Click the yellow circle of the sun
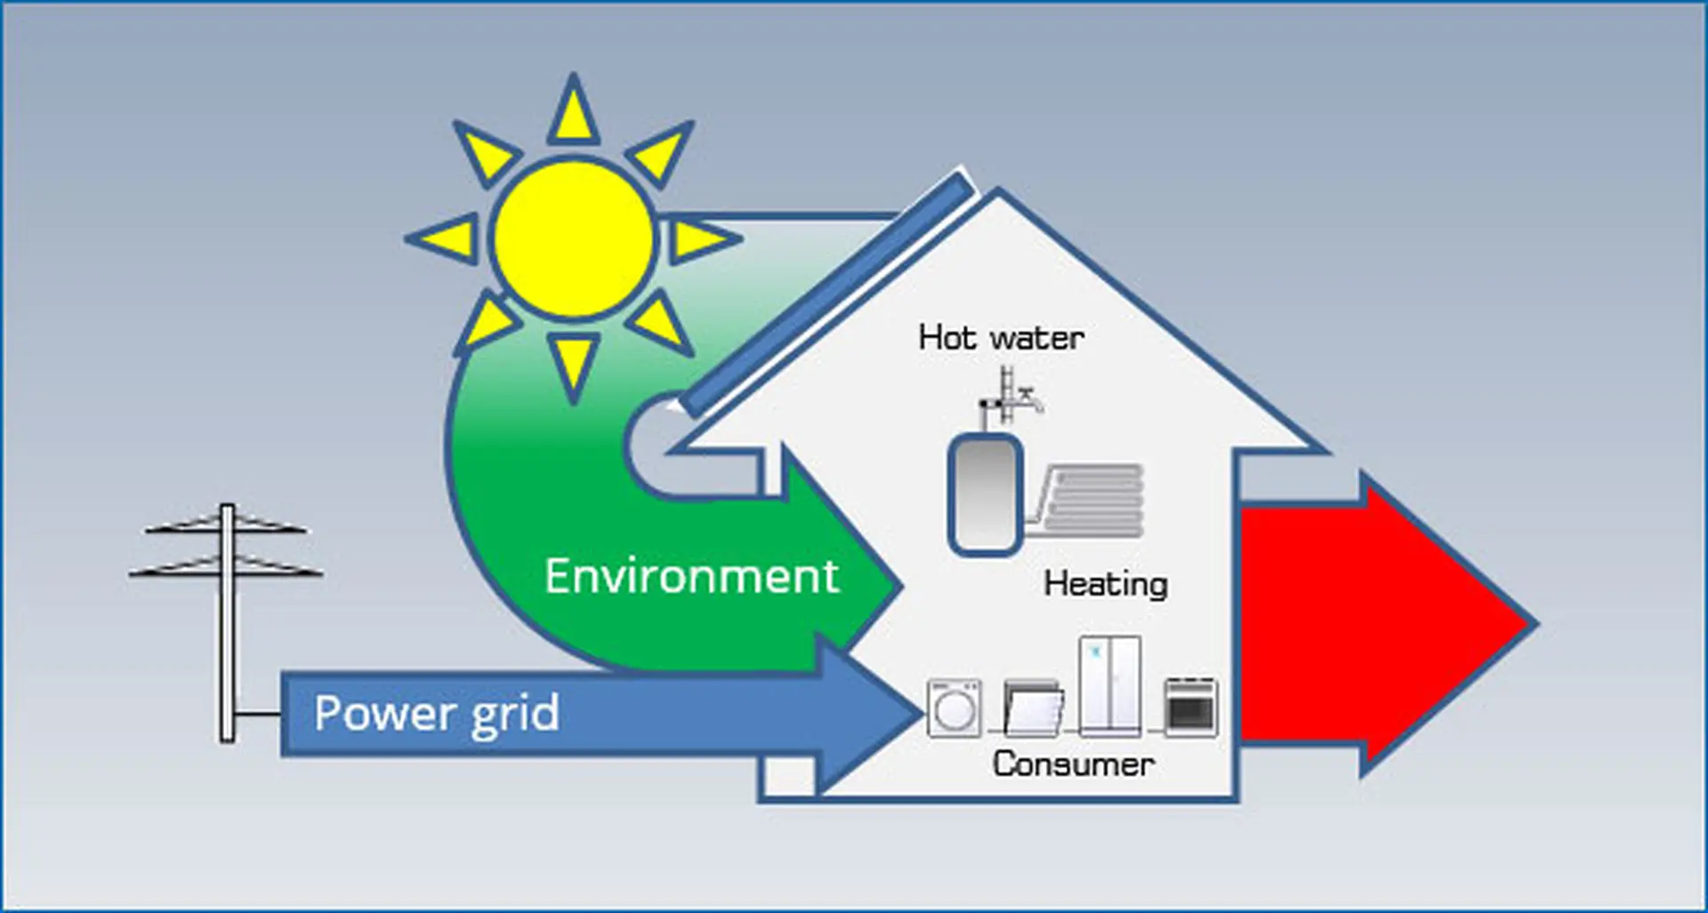pyautogui.click(x=574, y=238)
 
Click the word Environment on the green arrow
pyautogui.click(x=691, y=576)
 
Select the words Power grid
pyautogui.click(x=436, y=714)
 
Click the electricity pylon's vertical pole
pyautogui.click(x=228, y=622)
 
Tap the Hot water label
pyautogui.click(x=1001, y=337)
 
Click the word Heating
pyautogui.click(x=1106, y=584)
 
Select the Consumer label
pyautogui.click(x=1073, y=764)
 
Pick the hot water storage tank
pyautogui.click(x=984, y=494)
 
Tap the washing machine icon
pyautogui.click(x=954, y=708)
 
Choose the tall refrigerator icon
pyautogui.click(x=1109, y=685)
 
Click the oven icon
pyautogui.click(x=1191, y=707)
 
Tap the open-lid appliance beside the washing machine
pyautogui.click(x=1034, y=708)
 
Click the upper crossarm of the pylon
pyautogui.click(x=227, y=524)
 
